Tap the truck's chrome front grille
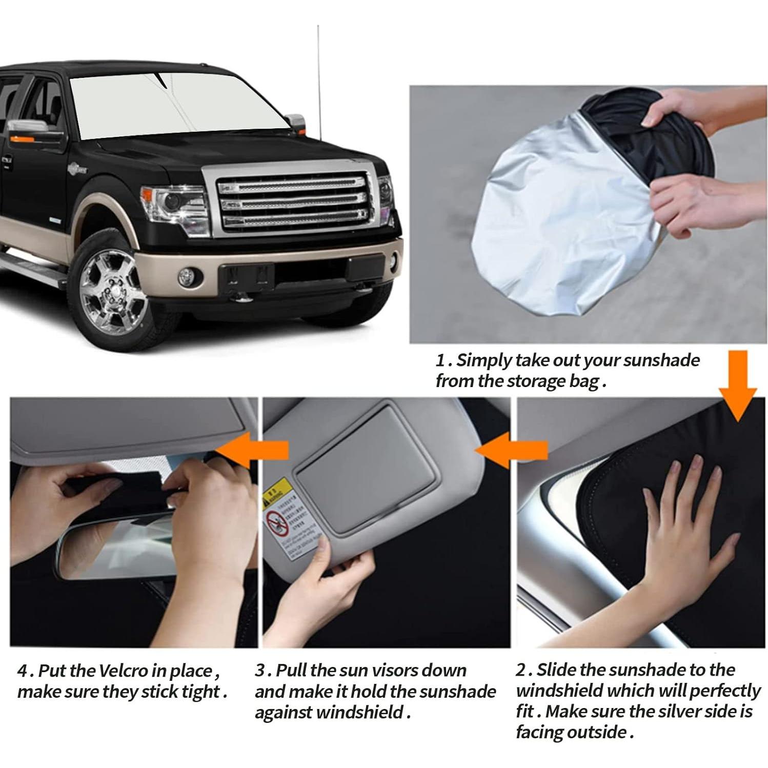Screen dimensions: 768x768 292,202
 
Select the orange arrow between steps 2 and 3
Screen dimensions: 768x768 513,450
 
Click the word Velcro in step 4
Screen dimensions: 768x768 123,671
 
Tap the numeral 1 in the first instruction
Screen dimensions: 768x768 440,360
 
